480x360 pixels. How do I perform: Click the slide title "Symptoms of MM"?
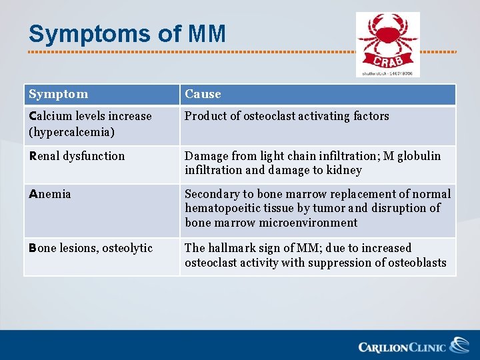pyautogui.click(x=127, y=33)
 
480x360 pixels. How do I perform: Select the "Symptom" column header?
pyautogui.click(x=59, y=95)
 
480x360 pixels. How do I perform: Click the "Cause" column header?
pyautogui.click(x=203, y=95)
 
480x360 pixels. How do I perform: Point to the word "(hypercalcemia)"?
pyautogui.click(x=72, y=132)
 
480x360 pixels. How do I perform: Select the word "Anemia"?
pyautogui.click(x=50, y=194)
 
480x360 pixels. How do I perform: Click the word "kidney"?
pyautogui.click(x=344, y=170)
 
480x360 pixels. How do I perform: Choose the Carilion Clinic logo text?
pyautogui.click(x=403, y=347)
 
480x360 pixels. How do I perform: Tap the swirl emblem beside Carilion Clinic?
pyautogui.click(x=459, y=345)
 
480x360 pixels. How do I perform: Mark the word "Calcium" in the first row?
pyautogui.click(x=49, y=116)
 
